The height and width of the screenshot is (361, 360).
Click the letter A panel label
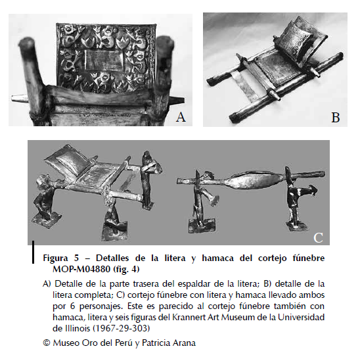181,117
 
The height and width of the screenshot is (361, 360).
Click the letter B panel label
336,118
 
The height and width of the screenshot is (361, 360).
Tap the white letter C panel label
318,237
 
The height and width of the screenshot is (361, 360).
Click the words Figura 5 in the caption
61,258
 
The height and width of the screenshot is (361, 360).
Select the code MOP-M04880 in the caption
81,269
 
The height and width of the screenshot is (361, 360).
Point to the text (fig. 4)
126,269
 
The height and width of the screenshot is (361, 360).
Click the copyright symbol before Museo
47,343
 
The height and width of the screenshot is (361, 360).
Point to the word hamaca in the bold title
217,258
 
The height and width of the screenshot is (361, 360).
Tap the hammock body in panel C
253,180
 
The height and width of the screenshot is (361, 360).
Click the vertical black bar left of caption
33,252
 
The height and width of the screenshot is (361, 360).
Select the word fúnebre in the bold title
309,258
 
